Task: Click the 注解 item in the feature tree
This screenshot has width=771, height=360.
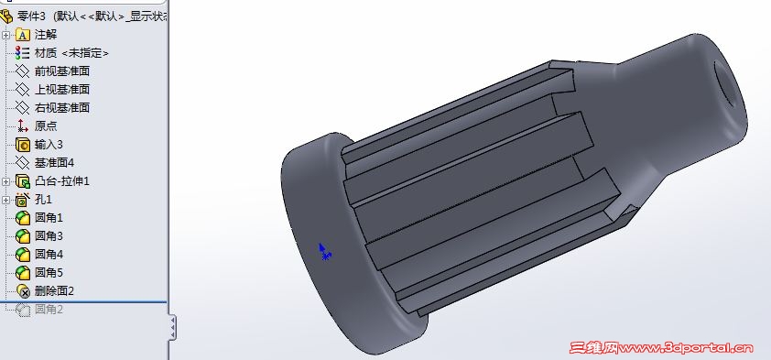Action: (x=45, y=35)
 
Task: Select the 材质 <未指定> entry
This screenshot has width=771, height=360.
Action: (x=71, y=53)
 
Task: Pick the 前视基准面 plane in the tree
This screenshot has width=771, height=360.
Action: (x=62, y=71)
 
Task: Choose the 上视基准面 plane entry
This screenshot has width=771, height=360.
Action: (x=62, y=90)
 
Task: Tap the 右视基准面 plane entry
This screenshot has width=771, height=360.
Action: (x=62, y=108)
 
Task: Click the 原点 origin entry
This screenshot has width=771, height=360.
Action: (x=46, y=125)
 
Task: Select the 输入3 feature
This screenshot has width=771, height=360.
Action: (x=49, y=145)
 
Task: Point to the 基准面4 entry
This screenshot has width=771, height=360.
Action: (x=54, y=163)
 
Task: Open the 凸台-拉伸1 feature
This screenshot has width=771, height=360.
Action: (x=62, y=181)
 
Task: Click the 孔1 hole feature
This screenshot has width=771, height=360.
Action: (x=43, y=200)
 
